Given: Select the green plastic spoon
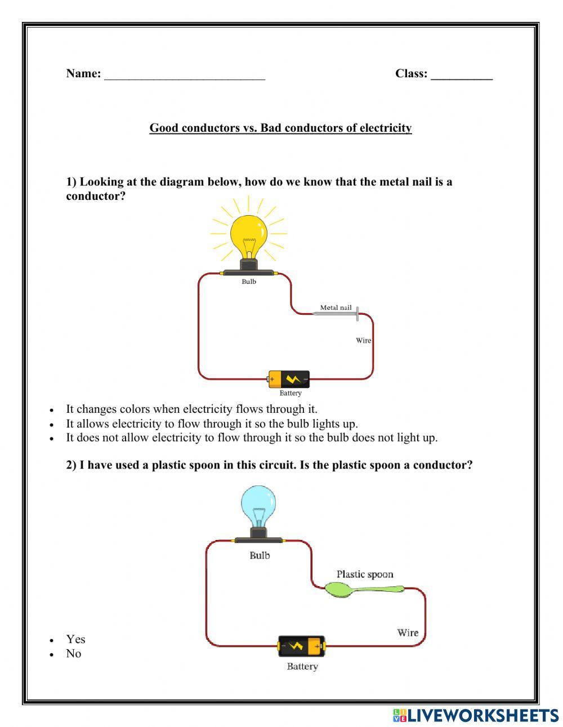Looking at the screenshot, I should point(360,590).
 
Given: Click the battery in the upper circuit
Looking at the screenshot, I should point(289,379).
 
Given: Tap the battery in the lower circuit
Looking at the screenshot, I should point(302,646).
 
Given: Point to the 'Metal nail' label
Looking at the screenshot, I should point(336,307).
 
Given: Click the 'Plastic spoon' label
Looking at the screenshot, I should point(365,574).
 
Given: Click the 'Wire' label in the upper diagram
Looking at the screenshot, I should point(363,340).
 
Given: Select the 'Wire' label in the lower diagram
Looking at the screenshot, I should point(408,632).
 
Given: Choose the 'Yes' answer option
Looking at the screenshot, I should point(75,639).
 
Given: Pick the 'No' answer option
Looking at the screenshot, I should point(73,654).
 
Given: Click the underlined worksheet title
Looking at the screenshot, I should point(280,128).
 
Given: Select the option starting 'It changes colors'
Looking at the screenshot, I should point(191,409).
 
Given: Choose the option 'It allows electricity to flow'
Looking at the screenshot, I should point(212,423).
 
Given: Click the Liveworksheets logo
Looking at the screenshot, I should point(475,715).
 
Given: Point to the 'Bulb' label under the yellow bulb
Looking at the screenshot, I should point(249,282).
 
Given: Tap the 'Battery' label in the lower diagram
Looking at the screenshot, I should point(302,667).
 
